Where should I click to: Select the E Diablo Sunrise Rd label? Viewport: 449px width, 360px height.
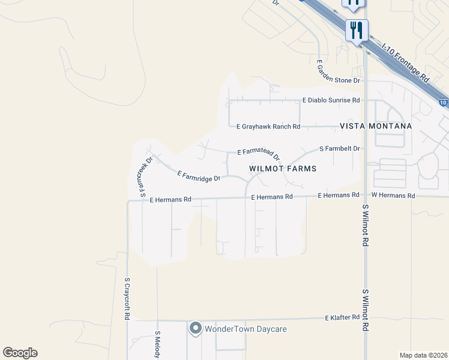[x=331, y=100]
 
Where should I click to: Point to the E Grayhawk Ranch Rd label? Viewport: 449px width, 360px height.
[x=268, y=127]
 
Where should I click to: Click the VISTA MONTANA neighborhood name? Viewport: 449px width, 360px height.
[x=376, y=126]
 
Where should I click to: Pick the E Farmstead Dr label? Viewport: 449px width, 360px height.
[x=259, y=155]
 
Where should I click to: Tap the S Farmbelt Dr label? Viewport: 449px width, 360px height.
[x=339, y=148]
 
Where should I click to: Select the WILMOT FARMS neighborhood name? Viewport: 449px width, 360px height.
[x=282, y=169]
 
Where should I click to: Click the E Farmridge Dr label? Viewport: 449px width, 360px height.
[x=199, y=175]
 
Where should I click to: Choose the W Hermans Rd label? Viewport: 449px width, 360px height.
[x=393, y=196]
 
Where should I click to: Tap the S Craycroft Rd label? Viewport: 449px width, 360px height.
[x=127, y=298]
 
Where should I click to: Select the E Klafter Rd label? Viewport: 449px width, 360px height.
[x=342, y=317]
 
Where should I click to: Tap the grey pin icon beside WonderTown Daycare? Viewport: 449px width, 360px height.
[x=195, y=328]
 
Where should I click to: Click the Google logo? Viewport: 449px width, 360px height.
[x=20, y=353]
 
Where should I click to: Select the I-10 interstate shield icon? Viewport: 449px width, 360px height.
[x=443, y=103]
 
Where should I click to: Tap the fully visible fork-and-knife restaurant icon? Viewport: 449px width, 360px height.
[x=357, y=29]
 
